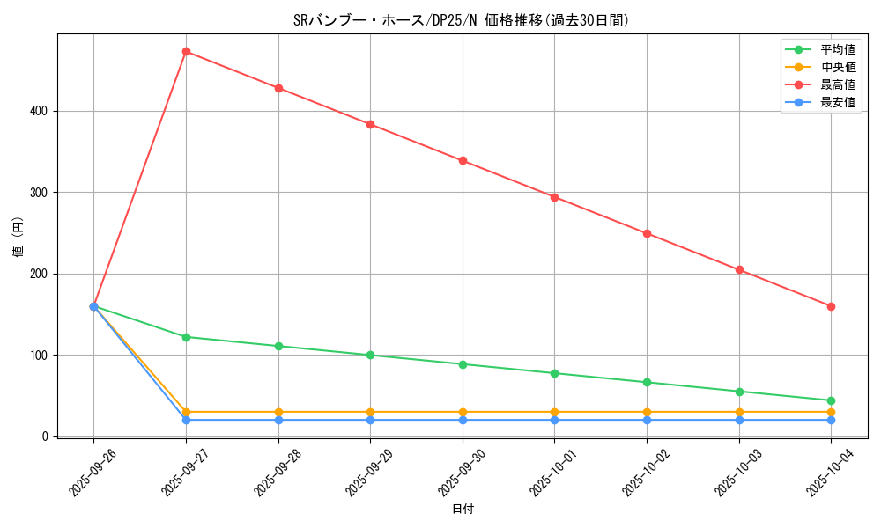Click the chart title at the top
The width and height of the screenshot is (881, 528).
tap(461, 20)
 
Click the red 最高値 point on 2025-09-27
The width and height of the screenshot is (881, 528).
tap(186, 52)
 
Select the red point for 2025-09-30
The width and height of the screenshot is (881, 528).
tap(463, 161)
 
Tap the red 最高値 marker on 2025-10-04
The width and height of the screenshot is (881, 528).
tap(831, 306)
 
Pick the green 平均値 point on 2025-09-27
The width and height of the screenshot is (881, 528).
tap(186, 337)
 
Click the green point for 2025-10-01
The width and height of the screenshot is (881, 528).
tap(554, 373)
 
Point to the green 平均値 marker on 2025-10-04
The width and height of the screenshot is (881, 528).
tap(831, 400)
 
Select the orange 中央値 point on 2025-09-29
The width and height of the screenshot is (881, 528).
tap(370, 412)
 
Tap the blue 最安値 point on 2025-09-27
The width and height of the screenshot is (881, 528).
tap(186, 420)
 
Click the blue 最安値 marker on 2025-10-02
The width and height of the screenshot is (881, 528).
tap(647, 420)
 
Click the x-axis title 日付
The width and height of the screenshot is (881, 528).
tap(463, 510)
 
